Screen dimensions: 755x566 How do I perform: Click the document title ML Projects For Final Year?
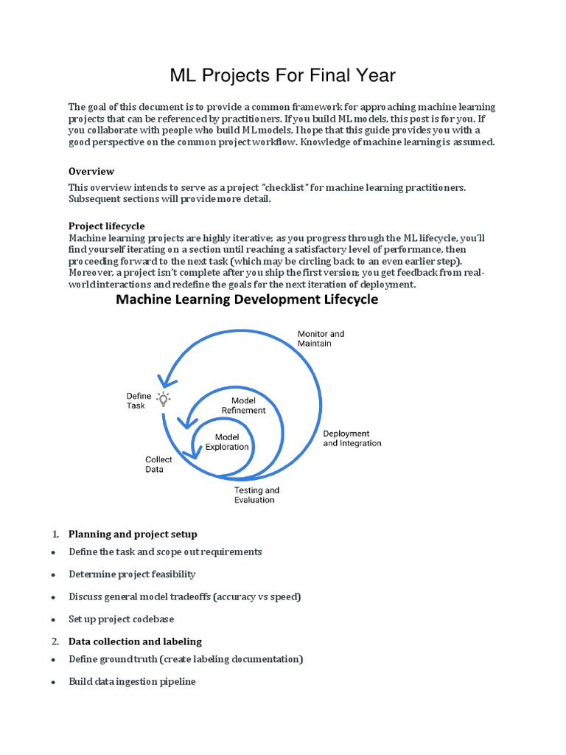(x=283, y=75)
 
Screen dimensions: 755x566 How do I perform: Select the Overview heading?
(x=91, y=171)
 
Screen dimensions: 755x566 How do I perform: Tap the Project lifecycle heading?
(x=107, y=226)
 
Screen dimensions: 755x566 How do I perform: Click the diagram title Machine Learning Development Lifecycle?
(x=248, y=299)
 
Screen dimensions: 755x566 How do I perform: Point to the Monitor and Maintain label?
(x=321, y=338)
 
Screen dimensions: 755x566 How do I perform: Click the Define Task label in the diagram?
(x=139, y=401)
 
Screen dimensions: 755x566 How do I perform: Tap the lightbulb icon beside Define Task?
(x=164, y=399)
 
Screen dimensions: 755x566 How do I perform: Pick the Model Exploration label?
(x=227, y=442)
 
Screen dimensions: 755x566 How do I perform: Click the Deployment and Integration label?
(x=352, y=439)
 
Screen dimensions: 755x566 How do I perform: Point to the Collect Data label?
(x=158, y=464)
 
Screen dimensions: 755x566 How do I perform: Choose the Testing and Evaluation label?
(x=256, y=495)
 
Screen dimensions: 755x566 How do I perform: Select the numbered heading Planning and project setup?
(x=133, y=534)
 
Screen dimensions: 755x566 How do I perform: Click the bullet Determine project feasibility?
(x=132, y=574)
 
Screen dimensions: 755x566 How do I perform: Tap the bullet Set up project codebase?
(x=122, y=619)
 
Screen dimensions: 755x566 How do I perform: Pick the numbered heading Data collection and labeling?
(x=135, y=641)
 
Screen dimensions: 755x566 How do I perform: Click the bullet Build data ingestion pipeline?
(x=132, y=681)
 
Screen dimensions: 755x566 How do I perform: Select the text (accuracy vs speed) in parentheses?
(x=257, y=596)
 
